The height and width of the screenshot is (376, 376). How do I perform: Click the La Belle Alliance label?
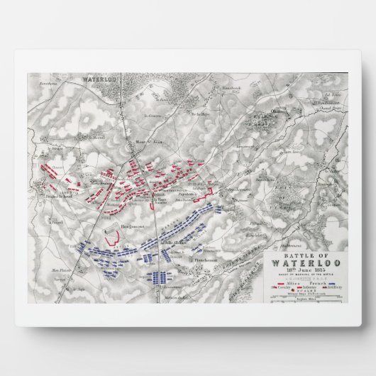coord(175,243)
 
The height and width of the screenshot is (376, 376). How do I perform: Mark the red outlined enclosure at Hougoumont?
coord(110,232)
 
